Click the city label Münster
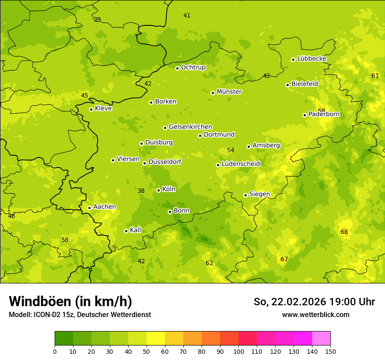[229, 92]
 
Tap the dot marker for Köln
[158, 190]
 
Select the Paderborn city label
[324, 115]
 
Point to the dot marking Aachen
[89, 208]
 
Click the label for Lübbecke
[311, 59]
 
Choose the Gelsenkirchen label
[190, 127]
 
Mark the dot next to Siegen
[245, 195]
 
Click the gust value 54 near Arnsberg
[231, 150]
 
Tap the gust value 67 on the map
[284, 259]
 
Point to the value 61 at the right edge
[375, 76]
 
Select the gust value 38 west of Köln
[141, 191]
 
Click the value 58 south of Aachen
[65, 240]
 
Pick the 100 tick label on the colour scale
[238, 351]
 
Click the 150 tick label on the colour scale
[330, 351]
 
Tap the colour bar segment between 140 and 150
[321, 339]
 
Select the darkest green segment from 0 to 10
[64, 339]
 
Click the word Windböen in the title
[40, 301]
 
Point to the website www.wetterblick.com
[315, 315]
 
